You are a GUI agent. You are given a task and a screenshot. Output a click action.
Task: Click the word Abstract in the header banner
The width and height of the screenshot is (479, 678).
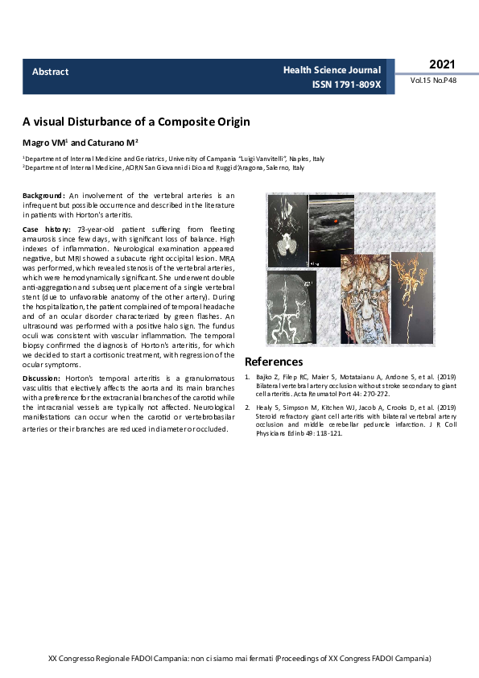pyautogui.click(x=50, y=72)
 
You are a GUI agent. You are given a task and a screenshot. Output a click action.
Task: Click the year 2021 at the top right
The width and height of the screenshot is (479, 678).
pyautogui.click(x=442, y=64)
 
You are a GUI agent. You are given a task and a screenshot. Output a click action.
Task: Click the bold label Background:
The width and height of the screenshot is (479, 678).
pyautogui.click(x=43, y=196)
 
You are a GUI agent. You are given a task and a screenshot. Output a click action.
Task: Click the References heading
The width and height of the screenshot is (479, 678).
pyautogui.click(x=274, y=362)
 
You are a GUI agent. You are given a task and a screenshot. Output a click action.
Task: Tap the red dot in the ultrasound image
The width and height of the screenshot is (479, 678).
pyautogui.click(x=336, y=220)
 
